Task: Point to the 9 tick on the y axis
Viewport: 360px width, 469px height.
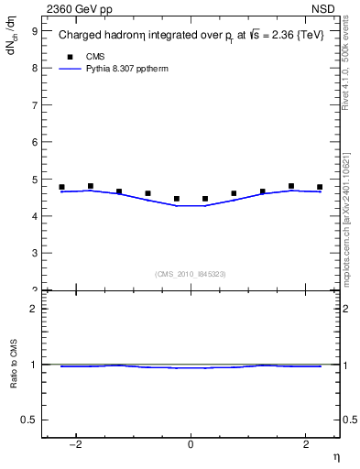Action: (34, 30)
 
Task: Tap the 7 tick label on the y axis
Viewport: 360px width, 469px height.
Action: (34, 104)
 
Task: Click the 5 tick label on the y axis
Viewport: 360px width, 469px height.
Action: (34, 179)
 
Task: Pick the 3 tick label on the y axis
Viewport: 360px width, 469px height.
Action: (34, 253)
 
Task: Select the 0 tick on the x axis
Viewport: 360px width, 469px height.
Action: (191, 446)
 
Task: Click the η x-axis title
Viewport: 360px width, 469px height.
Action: (335, 458)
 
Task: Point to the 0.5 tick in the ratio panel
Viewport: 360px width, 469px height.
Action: (30, 420)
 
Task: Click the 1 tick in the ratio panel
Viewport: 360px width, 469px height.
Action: (34, 365)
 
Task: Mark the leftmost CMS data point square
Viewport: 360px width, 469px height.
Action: (61, 187)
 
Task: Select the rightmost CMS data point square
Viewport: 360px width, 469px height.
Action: (320, 187)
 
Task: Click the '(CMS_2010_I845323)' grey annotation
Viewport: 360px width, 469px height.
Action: (191, 274)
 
